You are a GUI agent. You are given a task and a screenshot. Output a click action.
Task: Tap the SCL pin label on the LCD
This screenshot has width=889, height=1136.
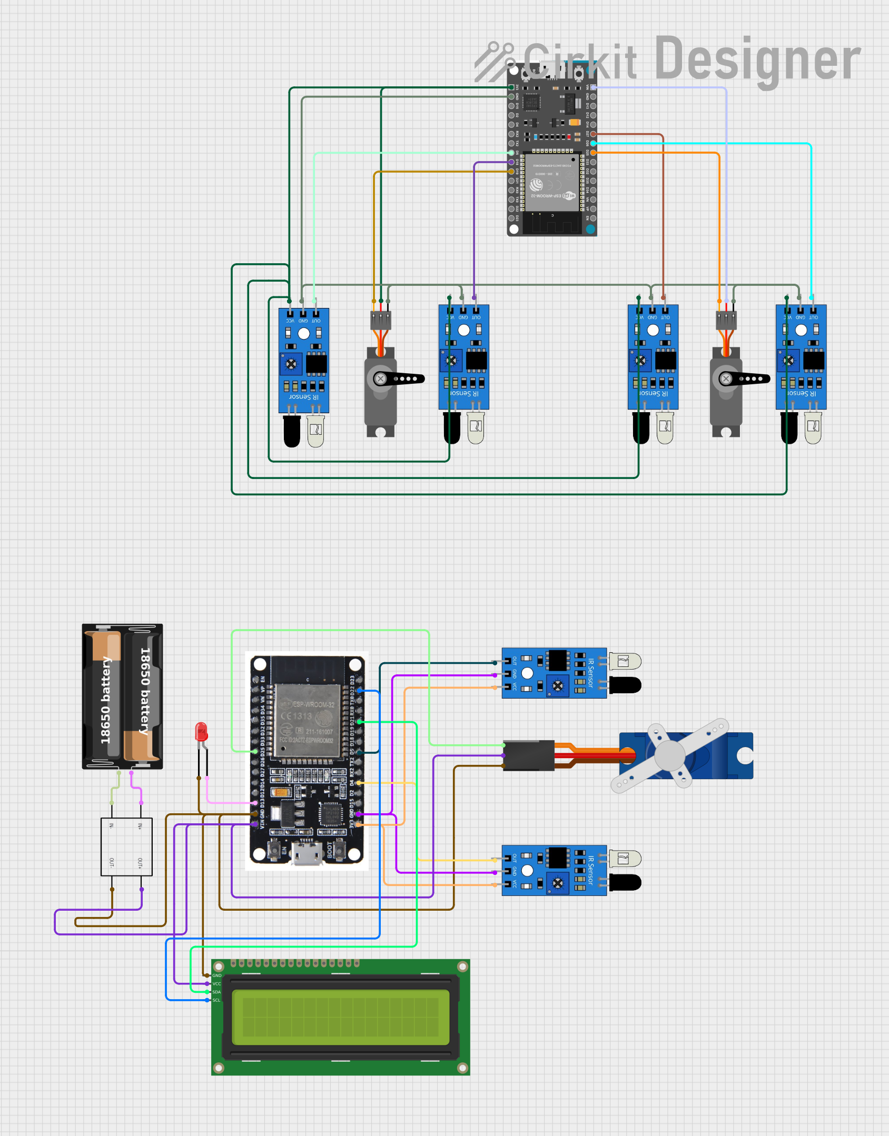click(216, 1000)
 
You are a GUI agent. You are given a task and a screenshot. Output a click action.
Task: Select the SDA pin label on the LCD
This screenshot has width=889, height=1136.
click(216, 992)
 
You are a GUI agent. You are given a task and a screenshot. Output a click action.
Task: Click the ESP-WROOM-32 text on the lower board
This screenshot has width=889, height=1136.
click(313, 704)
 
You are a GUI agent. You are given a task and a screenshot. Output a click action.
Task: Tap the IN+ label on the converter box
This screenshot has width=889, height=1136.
click(140, 826)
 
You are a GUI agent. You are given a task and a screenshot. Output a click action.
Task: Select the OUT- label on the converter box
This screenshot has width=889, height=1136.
click(112, 863)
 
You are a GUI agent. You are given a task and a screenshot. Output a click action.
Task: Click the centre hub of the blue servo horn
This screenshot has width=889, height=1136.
click(669, 755)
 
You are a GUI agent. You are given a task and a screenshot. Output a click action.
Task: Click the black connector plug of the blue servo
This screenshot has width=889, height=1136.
click(528, 755)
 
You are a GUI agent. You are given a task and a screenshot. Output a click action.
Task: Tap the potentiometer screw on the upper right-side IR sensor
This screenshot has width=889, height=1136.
click(558, 685)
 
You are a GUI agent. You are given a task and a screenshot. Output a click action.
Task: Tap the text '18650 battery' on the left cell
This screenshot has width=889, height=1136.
click(106, 700)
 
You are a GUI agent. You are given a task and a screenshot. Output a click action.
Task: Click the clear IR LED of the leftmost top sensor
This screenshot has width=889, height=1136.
click(315, 431)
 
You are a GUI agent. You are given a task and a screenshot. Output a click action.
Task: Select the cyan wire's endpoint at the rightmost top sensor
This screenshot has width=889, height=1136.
click(812, 297)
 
